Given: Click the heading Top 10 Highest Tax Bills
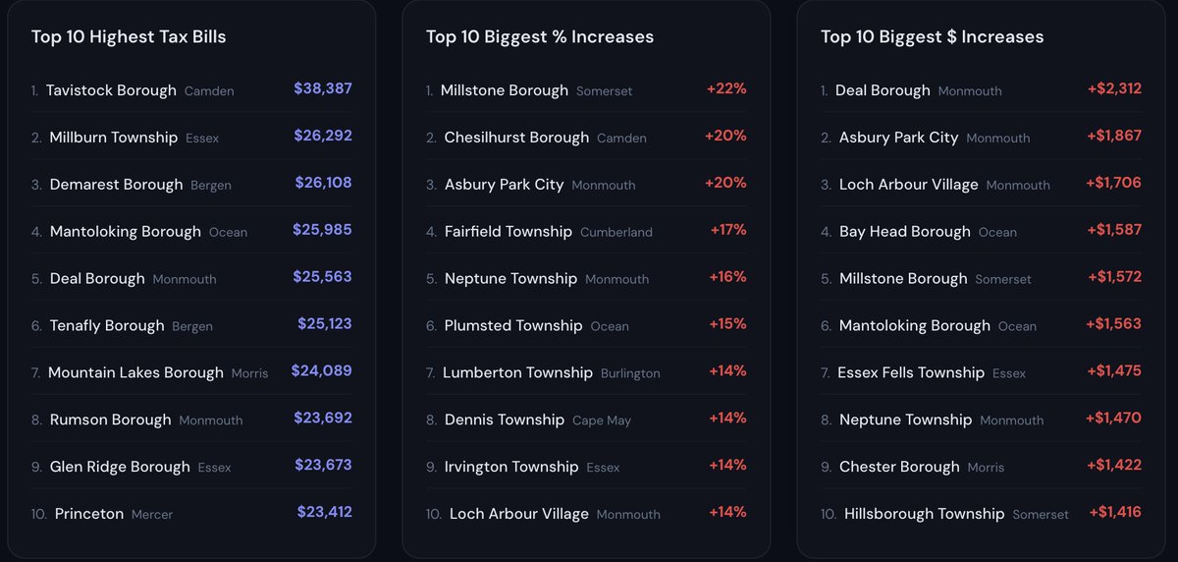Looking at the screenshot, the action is tap(129, 36).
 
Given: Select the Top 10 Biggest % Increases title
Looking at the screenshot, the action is tap(540, 36).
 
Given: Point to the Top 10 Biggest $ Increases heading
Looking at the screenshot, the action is tap(932, 36).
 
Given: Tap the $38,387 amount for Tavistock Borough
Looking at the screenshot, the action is tap(323, 88).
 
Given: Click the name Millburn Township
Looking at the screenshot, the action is tap(114, 138).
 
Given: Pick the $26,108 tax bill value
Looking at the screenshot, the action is tap(323, 183).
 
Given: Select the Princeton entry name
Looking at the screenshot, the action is tap(89, 514).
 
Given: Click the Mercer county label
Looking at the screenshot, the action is tap(152, 514).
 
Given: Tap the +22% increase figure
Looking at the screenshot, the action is tap(726, 88).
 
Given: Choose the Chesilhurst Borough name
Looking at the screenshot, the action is tap(516, 138).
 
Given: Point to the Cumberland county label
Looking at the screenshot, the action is tap(616, 232).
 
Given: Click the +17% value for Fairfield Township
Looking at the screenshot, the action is tap(728, 230).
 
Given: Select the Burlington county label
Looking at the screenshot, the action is tap(630, 373).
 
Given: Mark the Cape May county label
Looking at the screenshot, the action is tap(602, 421).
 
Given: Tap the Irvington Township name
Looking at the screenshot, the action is tap(511, 467).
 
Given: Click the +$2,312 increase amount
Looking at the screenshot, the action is tap(1114, 88).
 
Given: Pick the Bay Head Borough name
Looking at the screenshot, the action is tap(904, 232).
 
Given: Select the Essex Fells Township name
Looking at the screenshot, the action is tap(911, 372).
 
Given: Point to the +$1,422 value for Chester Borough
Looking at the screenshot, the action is tap(1114, 465).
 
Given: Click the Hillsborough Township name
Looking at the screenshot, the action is tap(924, 514).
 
